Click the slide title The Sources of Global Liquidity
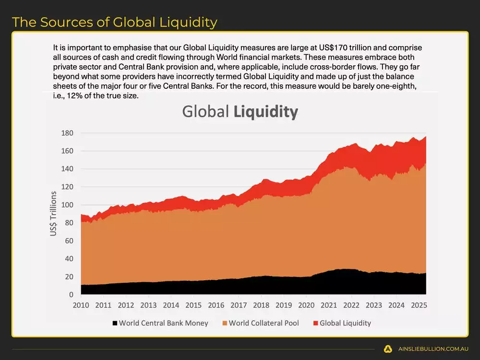pos(114,22)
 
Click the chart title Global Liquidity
pos(240,111)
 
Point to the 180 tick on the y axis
pos(67,133)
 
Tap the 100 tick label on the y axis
pos(67,205)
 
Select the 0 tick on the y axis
pos(71,295)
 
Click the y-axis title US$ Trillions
pos(54,214)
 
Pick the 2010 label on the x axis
pos(80,305)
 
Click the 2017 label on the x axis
pos(239,305)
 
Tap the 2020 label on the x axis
pos(306,305)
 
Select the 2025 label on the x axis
pos(419,305)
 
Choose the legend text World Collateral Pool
pos(264,323)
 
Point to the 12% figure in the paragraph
pos(75,96)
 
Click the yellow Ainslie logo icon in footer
pos(388,349)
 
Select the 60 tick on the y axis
pos(69,241)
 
